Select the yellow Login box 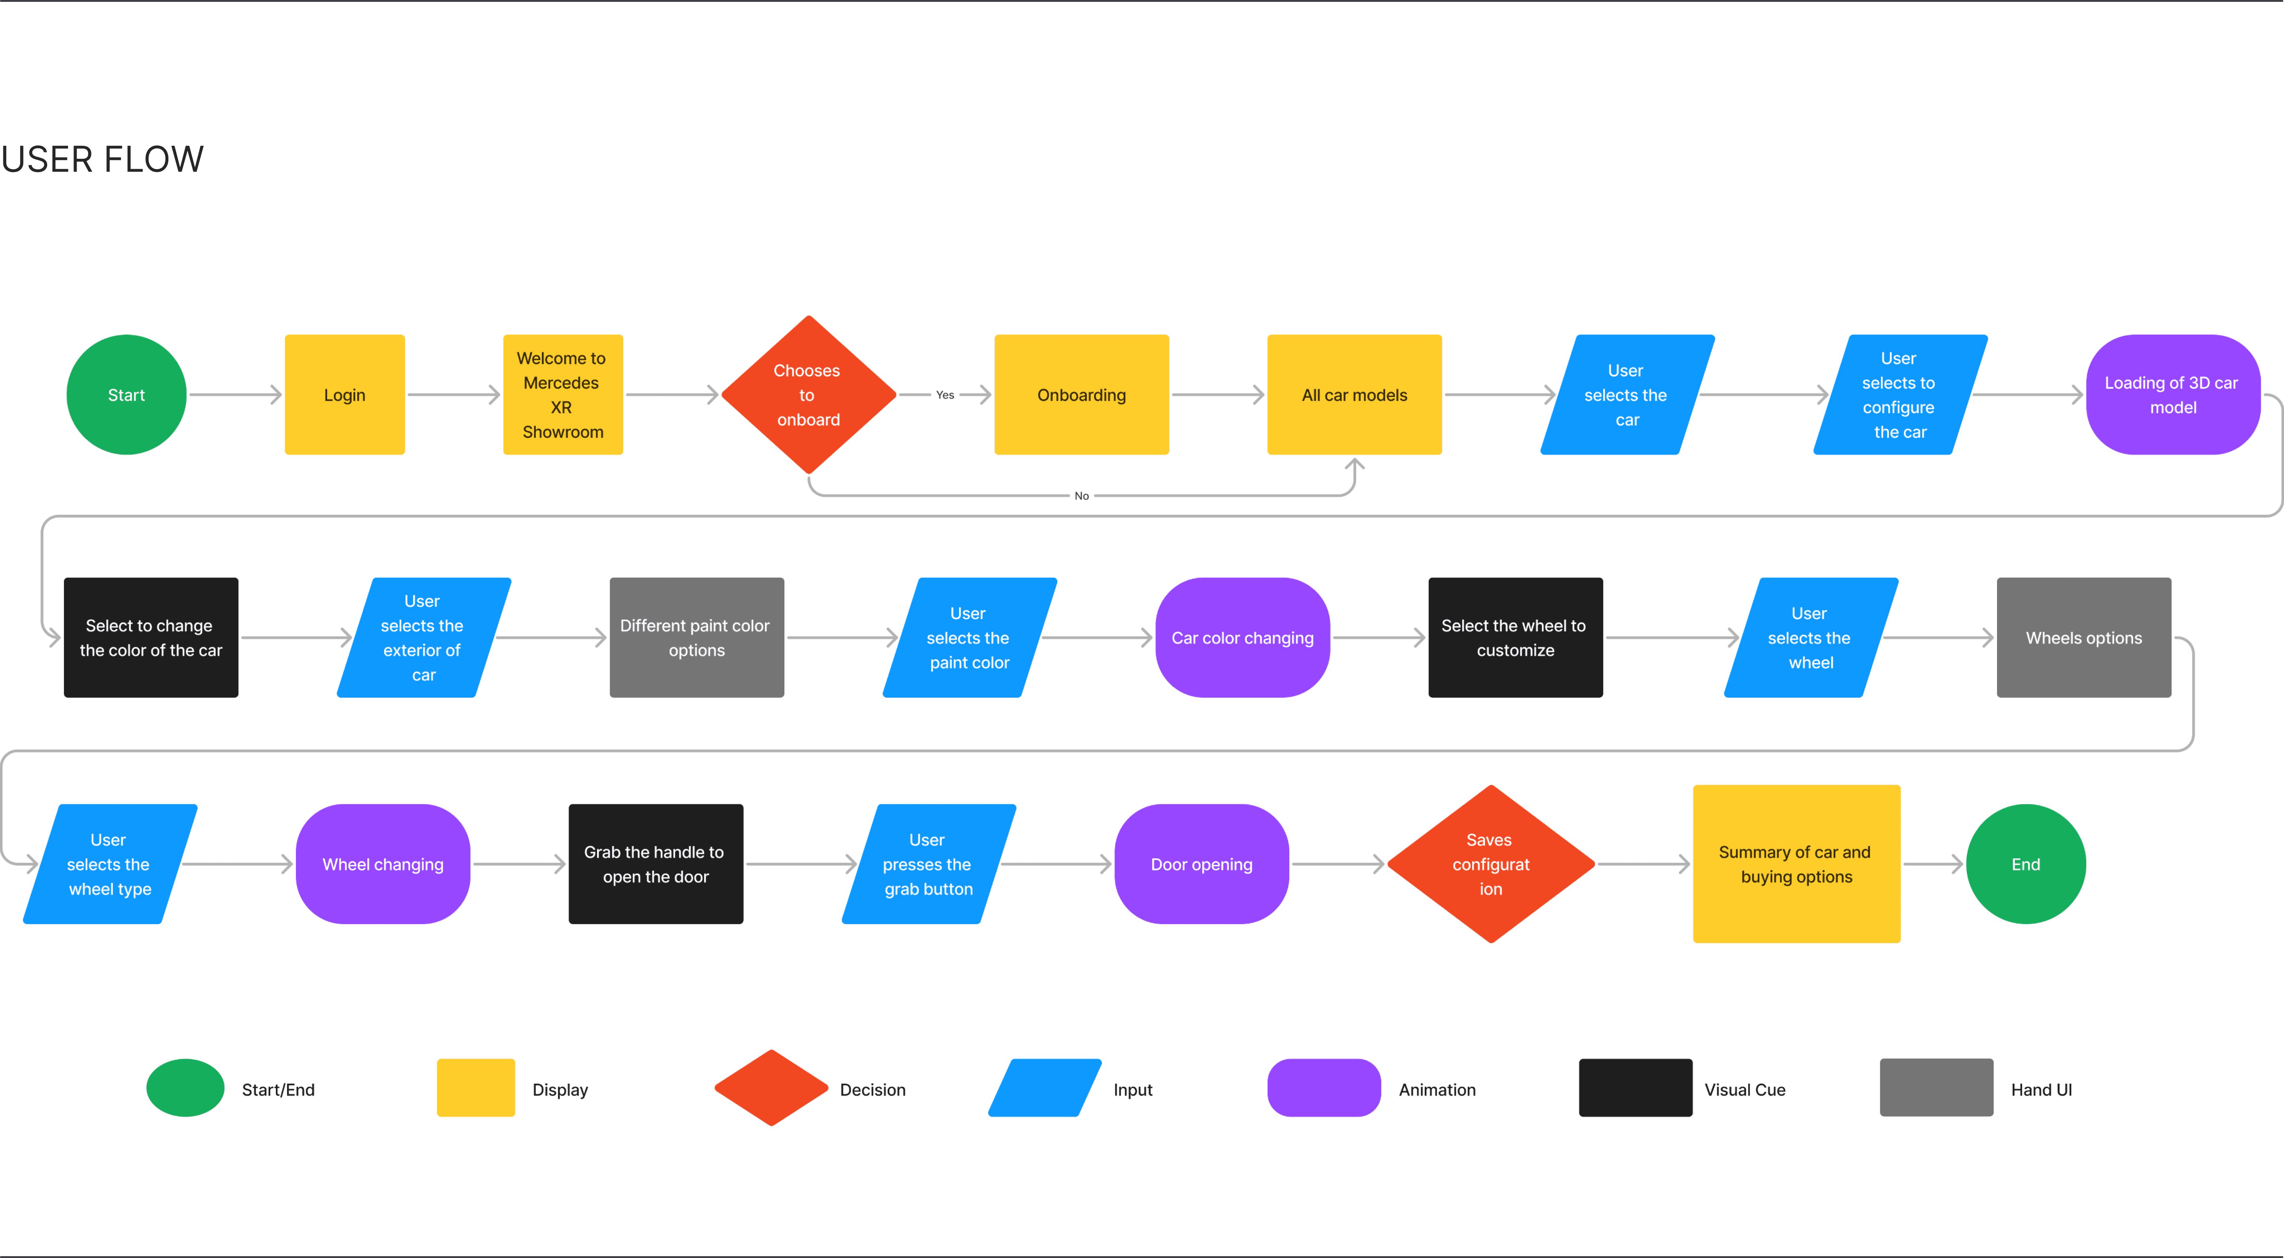(x=345, y=394)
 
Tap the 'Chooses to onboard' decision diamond (x=809, y=394)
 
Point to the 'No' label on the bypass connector (x=1082, y=496)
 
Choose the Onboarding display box (x=1082, y=394)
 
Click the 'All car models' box (x=1355, y=394)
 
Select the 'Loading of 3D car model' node (x=2173, y=394)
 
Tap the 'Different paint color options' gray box (x=697, y=638)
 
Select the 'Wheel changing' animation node (x=383, y=864)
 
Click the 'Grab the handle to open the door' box (x=656, y=864)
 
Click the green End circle (x=2026, y=864)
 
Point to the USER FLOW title (x=103, y=159)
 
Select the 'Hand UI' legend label (x=2041, y=1090)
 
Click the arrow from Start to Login (x=235, y=394)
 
